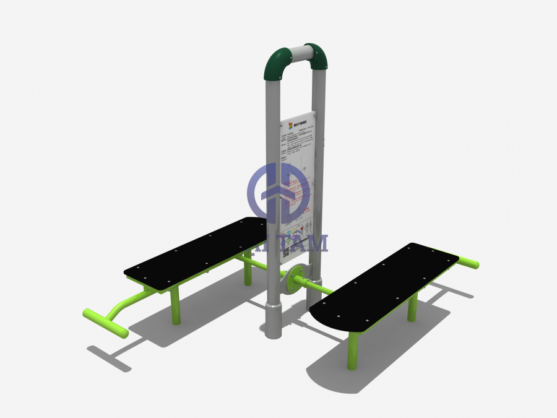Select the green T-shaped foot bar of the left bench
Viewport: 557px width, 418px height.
[105, 323]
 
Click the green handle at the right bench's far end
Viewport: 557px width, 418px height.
[468, 263]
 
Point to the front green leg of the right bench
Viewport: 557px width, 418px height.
[352, 351]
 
